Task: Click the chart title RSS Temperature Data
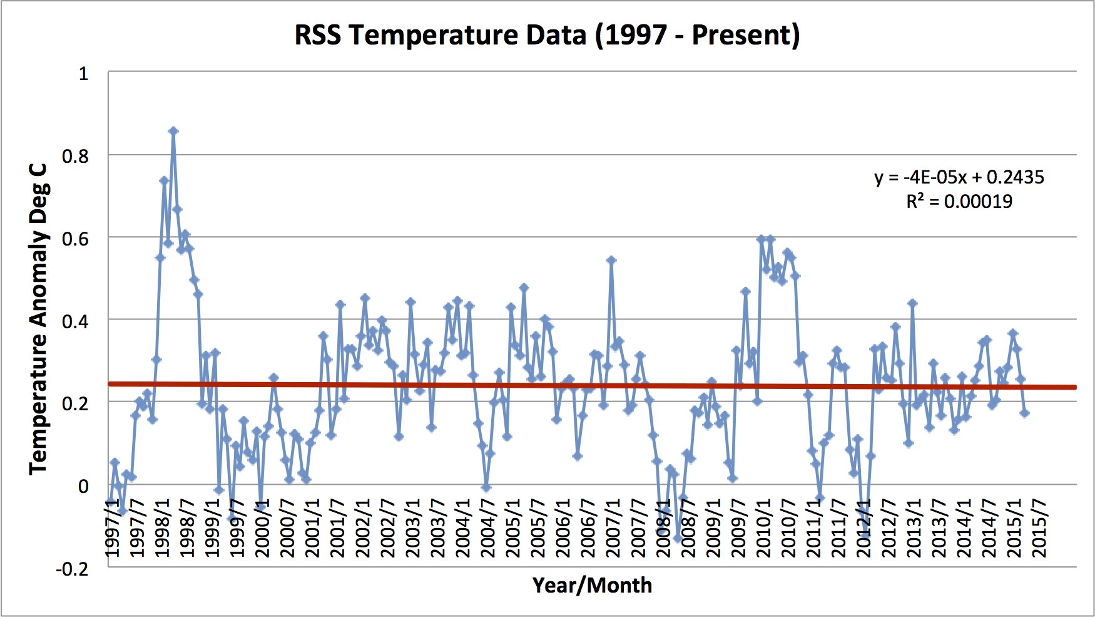(547, 35)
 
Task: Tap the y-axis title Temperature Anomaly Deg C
(39, 319)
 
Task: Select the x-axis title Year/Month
(592, 585)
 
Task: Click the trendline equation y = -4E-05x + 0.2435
(959, 177)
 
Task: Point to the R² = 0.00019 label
(959, 201)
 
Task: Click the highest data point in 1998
(173, 131)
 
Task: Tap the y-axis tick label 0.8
(76, 156)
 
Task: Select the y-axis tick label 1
(83, 74)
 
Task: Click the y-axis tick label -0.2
(72, 569)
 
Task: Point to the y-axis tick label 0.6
(76, 239)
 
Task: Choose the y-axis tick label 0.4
(76, 321)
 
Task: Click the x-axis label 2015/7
(1039, 528)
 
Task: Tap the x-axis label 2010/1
(763, 528)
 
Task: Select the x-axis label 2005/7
(538, 528)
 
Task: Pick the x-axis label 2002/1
(363, 528)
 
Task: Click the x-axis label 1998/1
(163, 528)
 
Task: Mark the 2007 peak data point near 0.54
(611, 261)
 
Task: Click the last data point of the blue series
(1024, 413)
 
